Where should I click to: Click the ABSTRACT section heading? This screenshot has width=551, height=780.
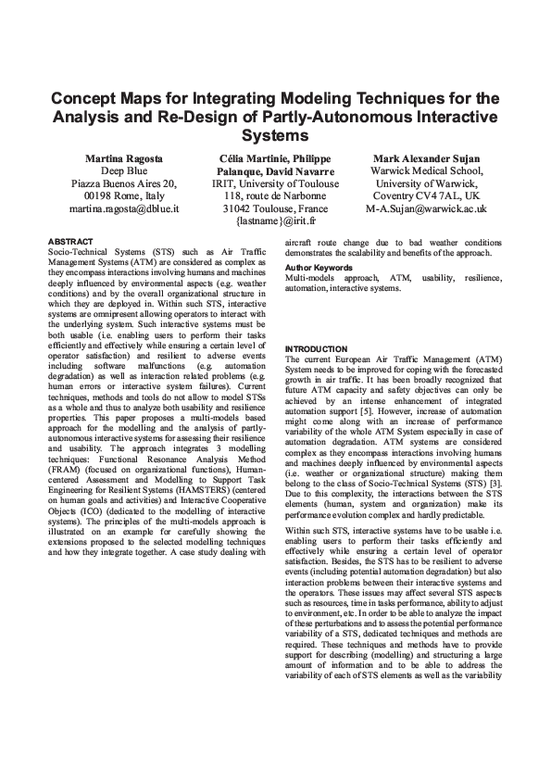click(69, 242)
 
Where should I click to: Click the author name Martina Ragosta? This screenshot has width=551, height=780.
click(124, 158)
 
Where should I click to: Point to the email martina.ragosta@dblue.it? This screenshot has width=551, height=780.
click(124, 210)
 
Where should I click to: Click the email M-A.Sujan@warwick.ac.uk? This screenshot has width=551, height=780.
click(425, 210)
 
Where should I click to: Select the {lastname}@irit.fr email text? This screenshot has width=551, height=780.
click(275, 223)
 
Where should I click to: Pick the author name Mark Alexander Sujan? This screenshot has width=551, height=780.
click(425, 158)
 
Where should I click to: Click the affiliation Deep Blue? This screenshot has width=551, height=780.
click(124, 171)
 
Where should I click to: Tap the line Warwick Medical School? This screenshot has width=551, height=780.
click(425, 171)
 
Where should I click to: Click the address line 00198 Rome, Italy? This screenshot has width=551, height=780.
click(124, 197)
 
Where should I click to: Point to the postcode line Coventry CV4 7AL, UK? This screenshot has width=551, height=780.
click(425, 197)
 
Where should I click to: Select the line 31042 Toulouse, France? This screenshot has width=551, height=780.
click(275, 210)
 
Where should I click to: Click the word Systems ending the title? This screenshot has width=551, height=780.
click(275, 135)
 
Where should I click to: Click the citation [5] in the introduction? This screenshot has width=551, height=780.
click(372, 403)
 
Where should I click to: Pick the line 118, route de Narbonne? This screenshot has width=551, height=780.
click(275, 197)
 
